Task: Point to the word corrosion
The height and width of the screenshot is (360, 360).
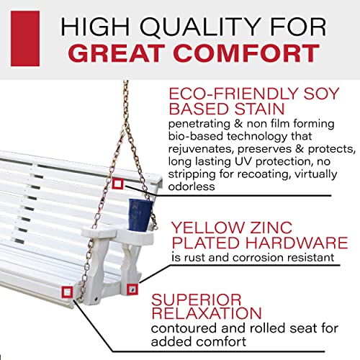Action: coord(252,258)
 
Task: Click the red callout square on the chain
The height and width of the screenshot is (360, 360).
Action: coord(117,184)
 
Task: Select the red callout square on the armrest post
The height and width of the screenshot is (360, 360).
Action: coord(132,288)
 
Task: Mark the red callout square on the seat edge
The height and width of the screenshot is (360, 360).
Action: coord(67,291)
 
